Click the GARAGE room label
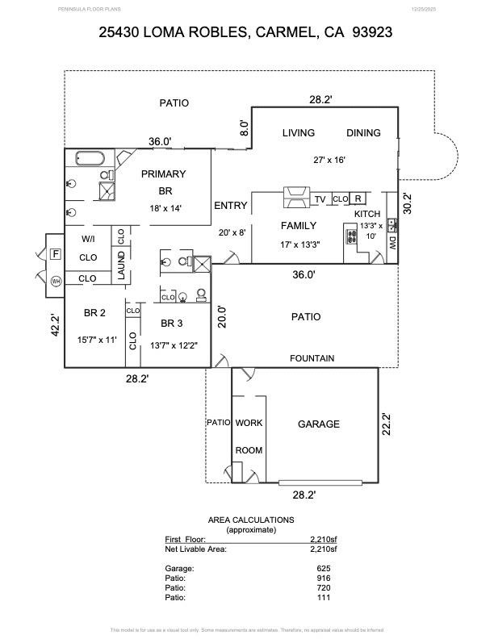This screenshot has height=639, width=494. tap(319, 424)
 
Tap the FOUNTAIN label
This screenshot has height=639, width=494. tap(312, 358)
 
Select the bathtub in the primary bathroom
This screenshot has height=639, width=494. tap(85, 158)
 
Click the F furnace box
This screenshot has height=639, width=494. tap(55, 254)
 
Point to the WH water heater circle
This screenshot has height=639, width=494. tap(56, 281)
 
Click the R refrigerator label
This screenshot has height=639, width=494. tap(358, 198)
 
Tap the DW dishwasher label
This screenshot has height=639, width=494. tap(392, 242)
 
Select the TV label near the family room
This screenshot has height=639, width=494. tap(320, 199)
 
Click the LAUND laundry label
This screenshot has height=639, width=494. tap(121, 265)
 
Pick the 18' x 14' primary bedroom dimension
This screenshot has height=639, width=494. tap(165, 208)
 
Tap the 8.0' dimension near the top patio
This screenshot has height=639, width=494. tap(245, 127)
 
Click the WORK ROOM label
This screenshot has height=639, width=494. tap(249, 436)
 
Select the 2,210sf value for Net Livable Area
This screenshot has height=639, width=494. tap(324, 549)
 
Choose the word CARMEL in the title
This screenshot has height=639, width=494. tap(287, 33)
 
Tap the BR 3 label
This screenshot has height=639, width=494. tap(173, 324)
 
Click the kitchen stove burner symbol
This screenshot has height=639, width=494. tap(352, 237)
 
